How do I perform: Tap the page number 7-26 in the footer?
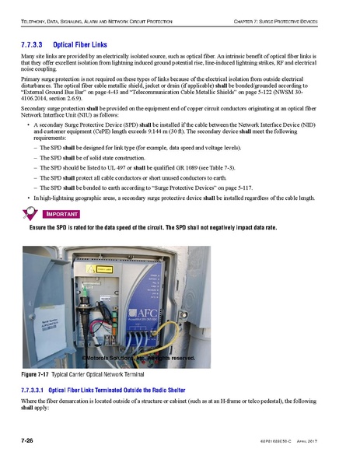[31, 441]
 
